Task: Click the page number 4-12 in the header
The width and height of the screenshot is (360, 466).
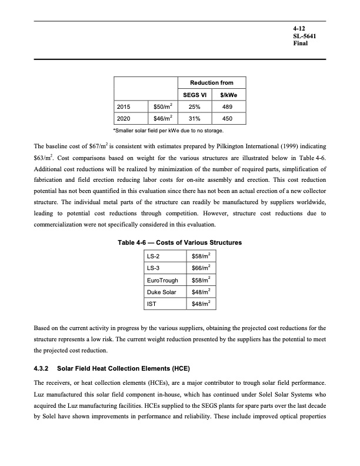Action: (x=300, y=28)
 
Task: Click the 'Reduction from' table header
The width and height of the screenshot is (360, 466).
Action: (x=211, y=84)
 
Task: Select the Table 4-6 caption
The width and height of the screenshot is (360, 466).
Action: (x=180, y=243)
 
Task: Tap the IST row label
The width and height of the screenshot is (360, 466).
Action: (x=151, y=304)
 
